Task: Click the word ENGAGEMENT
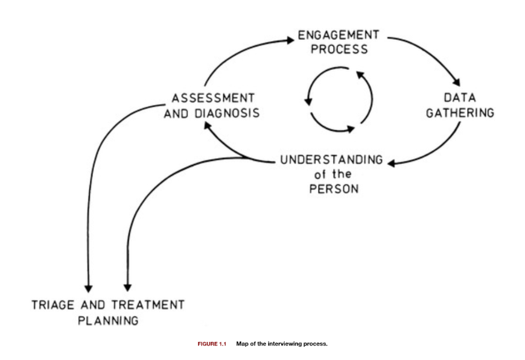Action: click(x=339, y=36)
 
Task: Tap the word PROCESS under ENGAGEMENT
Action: click(x=339, y=49)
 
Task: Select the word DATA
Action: click(x=460, y=98)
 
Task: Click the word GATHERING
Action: click(x=460, y=113)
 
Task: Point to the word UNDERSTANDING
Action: click(x=331, y=160)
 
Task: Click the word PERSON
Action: click(x=334, y=189)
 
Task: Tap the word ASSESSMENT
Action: click(x=213, y=98)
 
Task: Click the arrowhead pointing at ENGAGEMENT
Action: click(x=290, y=40)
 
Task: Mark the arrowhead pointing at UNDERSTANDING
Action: click(x=392, y=163)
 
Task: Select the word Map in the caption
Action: click(x=241, y=344)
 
